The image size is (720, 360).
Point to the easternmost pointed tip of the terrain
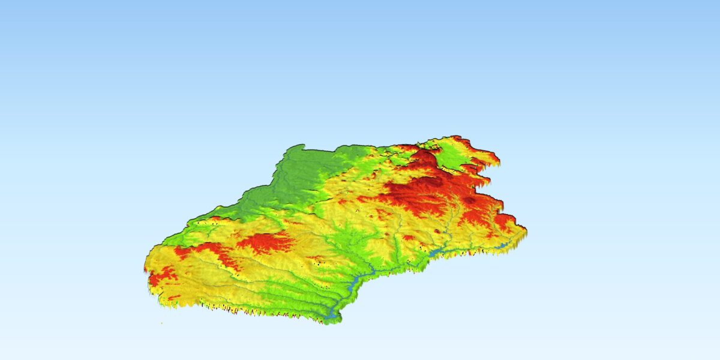[x=526, y=229]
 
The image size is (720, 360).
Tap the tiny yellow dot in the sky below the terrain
[x=161, y=323]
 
